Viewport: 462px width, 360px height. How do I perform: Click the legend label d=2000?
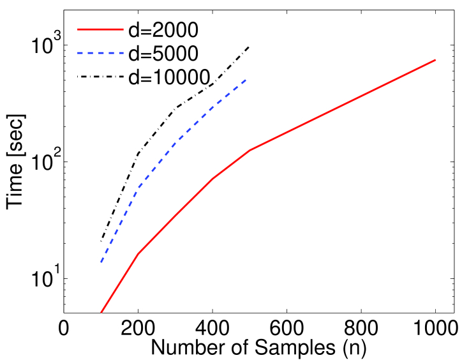tap(164, 29)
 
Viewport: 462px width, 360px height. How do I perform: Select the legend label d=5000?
tap(164, 53)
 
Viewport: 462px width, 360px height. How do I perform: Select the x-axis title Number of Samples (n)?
tap(258, 347)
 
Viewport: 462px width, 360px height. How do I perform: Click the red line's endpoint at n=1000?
tap(435, 60)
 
